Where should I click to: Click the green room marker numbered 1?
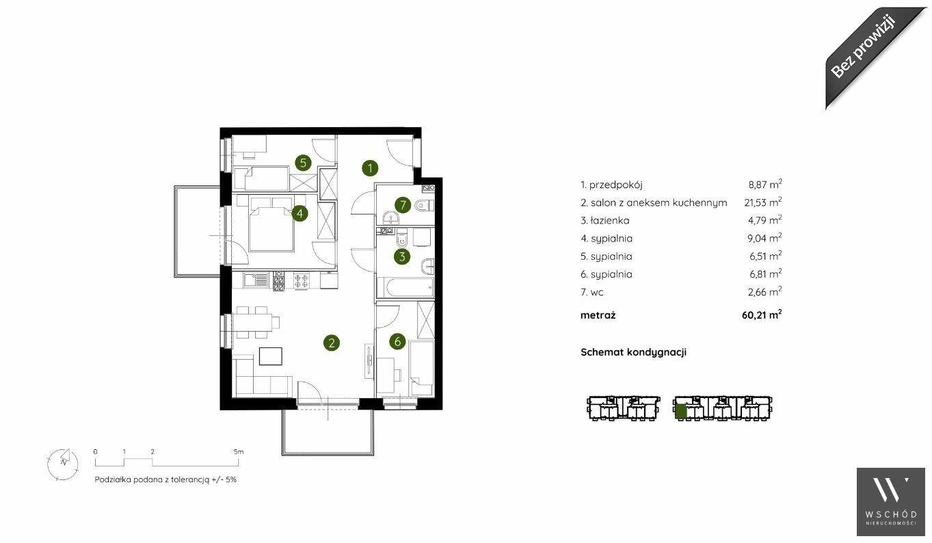click(370, 168)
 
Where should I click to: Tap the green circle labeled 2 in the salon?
click(332, 343)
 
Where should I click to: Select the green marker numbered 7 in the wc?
click(403, 204)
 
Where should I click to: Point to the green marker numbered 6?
click(397, 342)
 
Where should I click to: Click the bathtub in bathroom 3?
click(405, 287)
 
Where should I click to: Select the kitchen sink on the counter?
click(256, 280)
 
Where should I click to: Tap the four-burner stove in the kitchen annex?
click(302, 280)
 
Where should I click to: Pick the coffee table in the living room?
click(271, 356)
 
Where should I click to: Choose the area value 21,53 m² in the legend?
click(762, 202)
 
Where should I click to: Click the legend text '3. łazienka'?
click(605, 220)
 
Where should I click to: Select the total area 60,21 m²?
click(762, 315)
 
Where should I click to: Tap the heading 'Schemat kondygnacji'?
click(633, 352)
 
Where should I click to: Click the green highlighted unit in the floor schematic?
click(680, 411)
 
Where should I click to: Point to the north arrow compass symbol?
click(63, 464)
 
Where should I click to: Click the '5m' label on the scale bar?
click(239, 451)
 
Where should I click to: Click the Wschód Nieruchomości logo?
click(891, 502)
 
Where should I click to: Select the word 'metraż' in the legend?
click(598, 315)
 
